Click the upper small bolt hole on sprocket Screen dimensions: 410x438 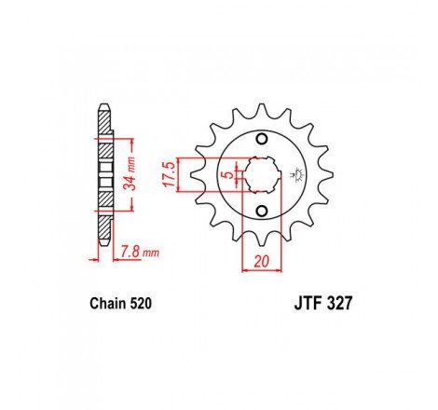coord(262,138)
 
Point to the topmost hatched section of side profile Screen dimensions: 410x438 coord(103,120)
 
